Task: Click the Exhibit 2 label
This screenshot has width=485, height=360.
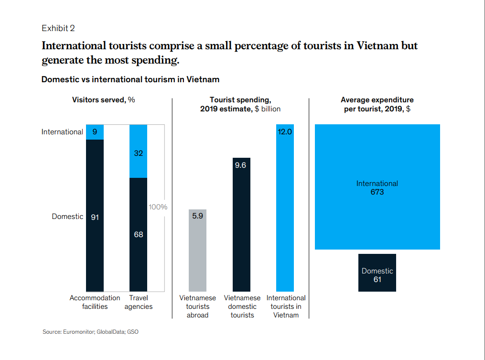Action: pyautogui.click(x=58, y=28)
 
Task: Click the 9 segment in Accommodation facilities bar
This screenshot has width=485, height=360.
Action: pyautogui.click(x=95, y=132)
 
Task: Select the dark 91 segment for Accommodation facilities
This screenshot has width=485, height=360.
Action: pyautogui.click(x=95, y=215)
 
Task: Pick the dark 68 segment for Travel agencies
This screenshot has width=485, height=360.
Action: pyautogui.click(x=139, y=234)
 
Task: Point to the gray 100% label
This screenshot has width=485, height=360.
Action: pyautogui.click(x=158, y=207)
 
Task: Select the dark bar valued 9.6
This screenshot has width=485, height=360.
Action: pyautogui.click(x=241, y=225)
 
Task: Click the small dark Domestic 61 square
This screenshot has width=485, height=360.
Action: pyautogui.click(x=377, y=273)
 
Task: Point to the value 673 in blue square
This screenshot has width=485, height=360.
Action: pyautogui.click(x=377, y=192)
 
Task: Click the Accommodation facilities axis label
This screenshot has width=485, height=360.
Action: pyautogui.click(x=95, y=302)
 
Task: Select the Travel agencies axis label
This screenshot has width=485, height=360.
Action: pyautogui.click(x=139, y=302)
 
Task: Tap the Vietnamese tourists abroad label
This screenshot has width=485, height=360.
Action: pyautogui.click(x=197, y=306)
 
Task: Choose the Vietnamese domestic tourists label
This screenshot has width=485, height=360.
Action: pyautogui.click(x=242, y=306)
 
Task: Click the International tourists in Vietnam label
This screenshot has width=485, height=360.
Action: pyautogui.click(x=286, y=306)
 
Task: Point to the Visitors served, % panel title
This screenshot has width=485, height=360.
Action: pyautogui.click(x=104, y=100)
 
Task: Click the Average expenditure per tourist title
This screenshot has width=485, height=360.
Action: pyautogui.click(x=377, y=104)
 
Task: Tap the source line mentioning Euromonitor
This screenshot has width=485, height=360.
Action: pyautogui.click(x=90, y=332)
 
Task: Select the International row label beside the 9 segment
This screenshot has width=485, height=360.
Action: pyautogui.click(x=62, y=132)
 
